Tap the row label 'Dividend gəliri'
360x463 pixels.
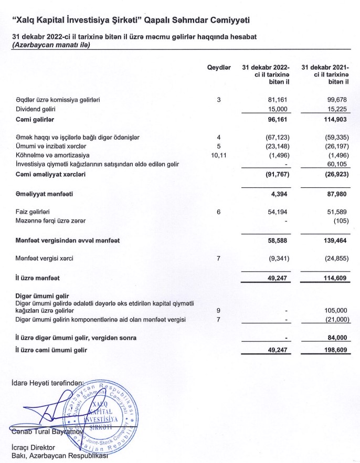point(36,109)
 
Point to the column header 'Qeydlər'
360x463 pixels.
point(219,68)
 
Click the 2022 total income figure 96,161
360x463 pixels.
point(278,120)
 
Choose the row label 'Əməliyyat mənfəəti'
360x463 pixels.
point(44,194)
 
